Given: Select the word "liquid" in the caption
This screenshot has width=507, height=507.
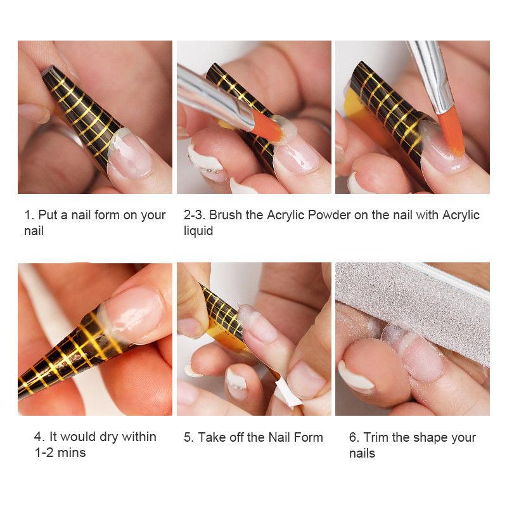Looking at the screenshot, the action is pos(198,231).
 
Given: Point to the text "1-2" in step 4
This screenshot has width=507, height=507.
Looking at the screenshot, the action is pos(44,452).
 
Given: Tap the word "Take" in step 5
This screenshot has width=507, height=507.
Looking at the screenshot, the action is pos(210,437).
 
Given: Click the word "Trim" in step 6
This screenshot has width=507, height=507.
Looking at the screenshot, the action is pos(376,437).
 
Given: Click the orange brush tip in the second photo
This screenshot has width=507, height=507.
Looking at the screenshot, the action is pos(267,127).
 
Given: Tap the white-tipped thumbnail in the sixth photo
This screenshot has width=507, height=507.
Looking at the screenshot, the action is pos(356,375).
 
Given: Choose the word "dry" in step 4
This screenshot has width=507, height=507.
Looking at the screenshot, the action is pos(109,437).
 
